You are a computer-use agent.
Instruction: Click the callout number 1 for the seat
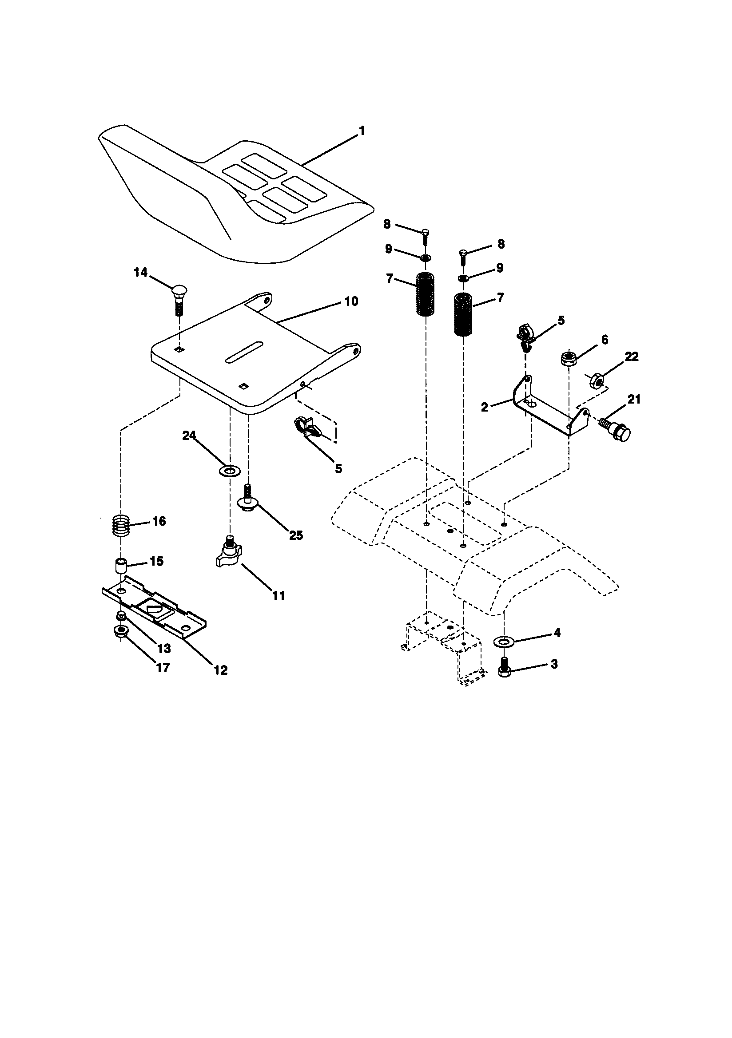point(361,131)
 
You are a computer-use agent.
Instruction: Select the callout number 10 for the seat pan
point(351,301)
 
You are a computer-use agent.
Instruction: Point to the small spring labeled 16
point(121,526)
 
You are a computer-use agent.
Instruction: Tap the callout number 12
point(220,670)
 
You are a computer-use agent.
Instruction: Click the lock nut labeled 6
point(568,359)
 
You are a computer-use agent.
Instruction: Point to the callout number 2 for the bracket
point(485,407)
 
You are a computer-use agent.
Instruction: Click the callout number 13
point(163,648)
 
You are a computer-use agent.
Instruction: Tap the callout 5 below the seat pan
point(338,468)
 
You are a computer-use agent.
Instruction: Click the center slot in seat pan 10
point(244,351)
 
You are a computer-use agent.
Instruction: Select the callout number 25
point(296,535)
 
